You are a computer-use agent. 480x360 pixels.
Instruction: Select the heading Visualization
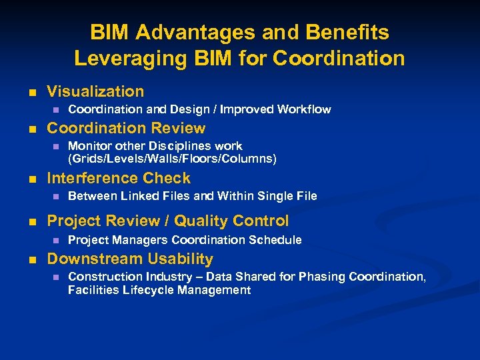[95, 91]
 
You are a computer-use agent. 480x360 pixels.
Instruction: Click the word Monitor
[89, 146]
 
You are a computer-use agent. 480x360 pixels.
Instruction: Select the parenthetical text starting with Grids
[172, 159]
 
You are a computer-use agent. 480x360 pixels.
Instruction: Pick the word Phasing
[323, 277]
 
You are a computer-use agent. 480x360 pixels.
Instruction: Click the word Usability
[181, 259]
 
